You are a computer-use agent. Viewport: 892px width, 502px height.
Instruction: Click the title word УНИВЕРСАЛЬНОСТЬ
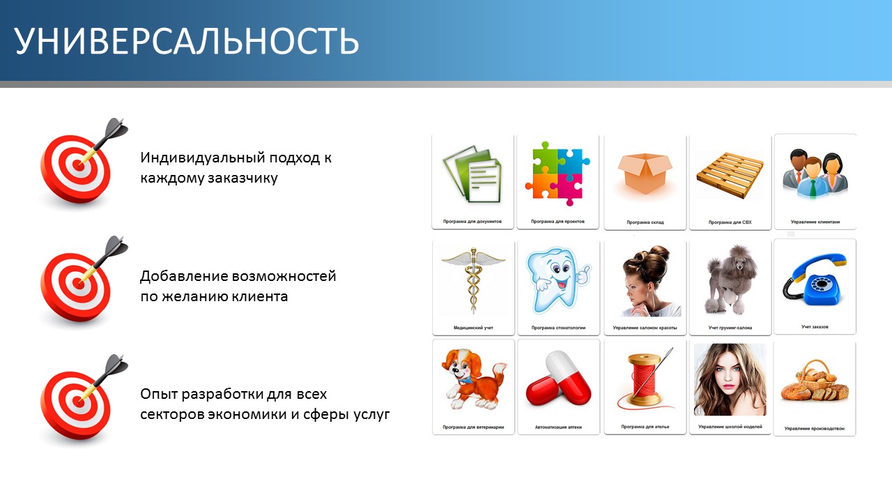coord(186,41)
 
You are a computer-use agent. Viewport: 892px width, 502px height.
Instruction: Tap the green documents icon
coord(472,174)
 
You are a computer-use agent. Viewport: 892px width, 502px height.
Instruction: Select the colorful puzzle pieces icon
coord(557,174)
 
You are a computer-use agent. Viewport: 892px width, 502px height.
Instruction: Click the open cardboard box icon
coord(645,174)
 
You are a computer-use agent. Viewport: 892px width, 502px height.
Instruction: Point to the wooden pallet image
coord(730,175)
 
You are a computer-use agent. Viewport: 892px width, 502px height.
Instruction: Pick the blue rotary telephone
coord(815,280)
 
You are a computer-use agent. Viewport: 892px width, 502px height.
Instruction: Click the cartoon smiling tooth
coord(558,280)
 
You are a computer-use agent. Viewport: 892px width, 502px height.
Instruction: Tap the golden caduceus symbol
coord(473,280)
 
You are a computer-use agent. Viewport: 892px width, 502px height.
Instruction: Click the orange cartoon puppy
coord(473,379)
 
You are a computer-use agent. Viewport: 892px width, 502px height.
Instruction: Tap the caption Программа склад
coord(645,222)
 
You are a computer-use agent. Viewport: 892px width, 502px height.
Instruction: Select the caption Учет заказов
coord(815,327)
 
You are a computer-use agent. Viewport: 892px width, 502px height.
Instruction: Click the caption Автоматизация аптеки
coord(558,427)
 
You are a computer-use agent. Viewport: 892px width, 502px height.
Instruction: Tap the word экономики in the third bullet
coord(247,414)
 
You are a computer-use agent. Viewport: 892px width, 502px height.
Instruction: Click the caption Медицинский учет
coord(473,328)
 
